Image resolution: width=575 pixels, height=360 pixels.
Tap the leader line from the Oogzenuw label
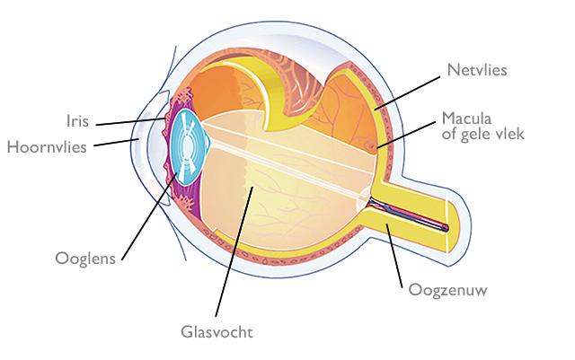[394, 254]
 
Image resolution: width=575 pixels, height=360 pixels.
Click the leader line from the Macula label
[409, 130]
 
